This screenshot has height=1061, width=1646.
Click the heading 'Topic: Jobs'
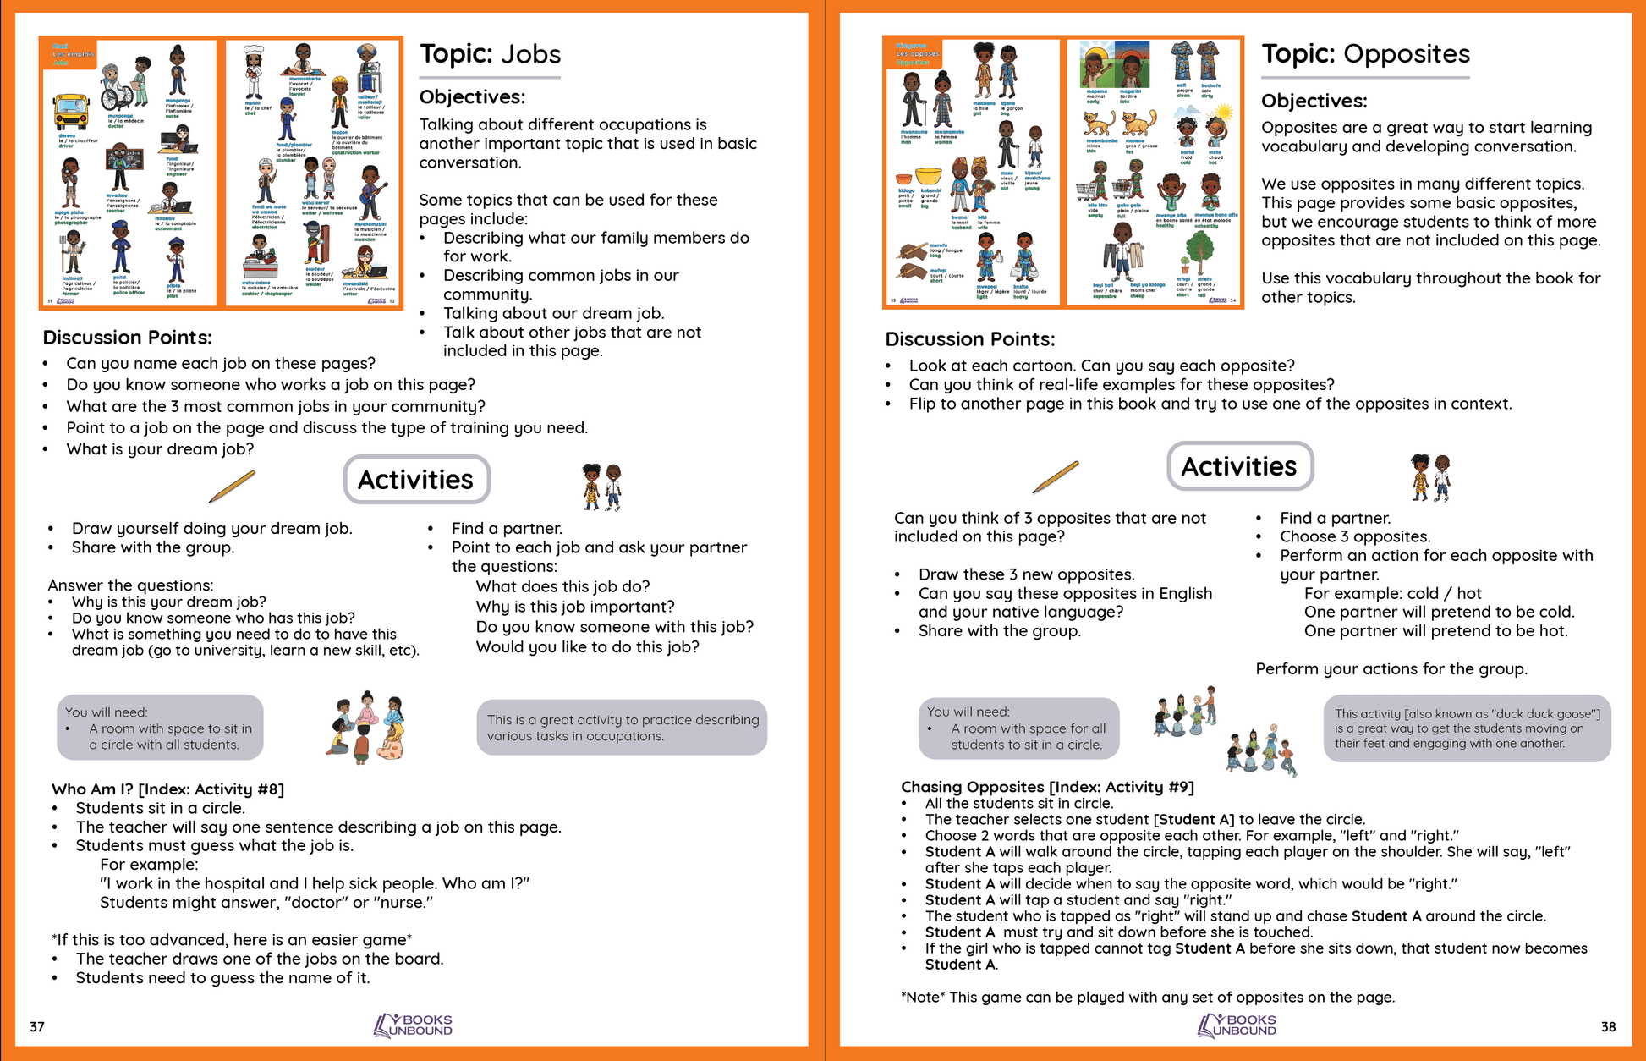click(490, 54)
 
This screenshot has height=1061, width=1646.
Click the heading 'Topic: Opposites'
click(1365, 54)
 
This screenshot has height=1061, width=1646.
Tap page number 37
click(37, 1026)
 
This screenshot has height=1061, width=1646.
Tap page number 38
click(1608, 1026)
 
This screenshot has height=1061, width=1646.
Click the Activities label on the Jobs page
click(415, 480)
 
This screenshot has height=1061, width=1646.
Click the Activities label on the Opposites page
click(1238, 466)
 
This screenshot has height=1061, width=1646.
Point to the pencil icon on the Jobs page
click(232, 487)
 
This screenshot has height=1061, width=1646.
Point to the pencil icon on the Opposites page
click(1056, 476)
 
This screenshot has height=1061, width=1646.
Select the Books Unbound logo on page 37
click(414, 1025)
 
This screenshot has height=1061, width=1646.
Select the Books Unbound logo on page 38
click(1237, 1025)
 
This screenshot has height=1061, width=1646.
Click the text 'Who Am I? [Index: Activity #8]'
click(167, 789)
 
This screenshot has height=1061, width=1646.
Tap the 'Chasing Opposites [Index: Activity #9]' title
click(1047, 787)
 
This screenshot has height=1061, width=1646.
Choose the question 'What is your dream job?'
click(160, 449)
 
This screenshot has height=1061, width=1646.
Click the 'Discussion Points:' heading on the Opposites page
click(969, 339)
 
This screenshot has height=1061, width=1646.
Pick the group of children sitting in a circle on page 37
click(366, 728)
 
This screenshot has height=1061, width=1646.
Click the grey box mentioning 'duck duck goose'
click(1467, 728)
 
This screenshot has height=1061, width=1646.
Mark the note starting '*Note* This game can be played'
click(1148, 997)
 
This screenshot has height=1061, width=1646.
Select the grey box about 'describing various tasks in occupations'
click(622, 728)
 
